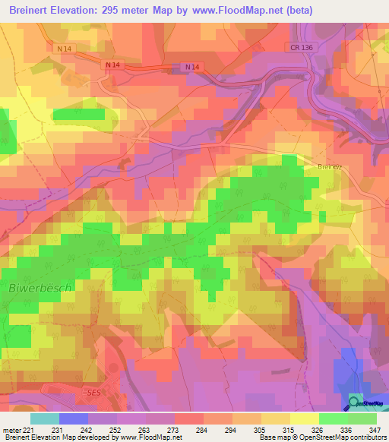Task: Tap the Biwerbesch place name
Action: pyautogui.click(x=40, y=289)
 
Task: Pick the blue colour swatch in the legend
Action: pyautogui.click(x=74, y=418)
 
